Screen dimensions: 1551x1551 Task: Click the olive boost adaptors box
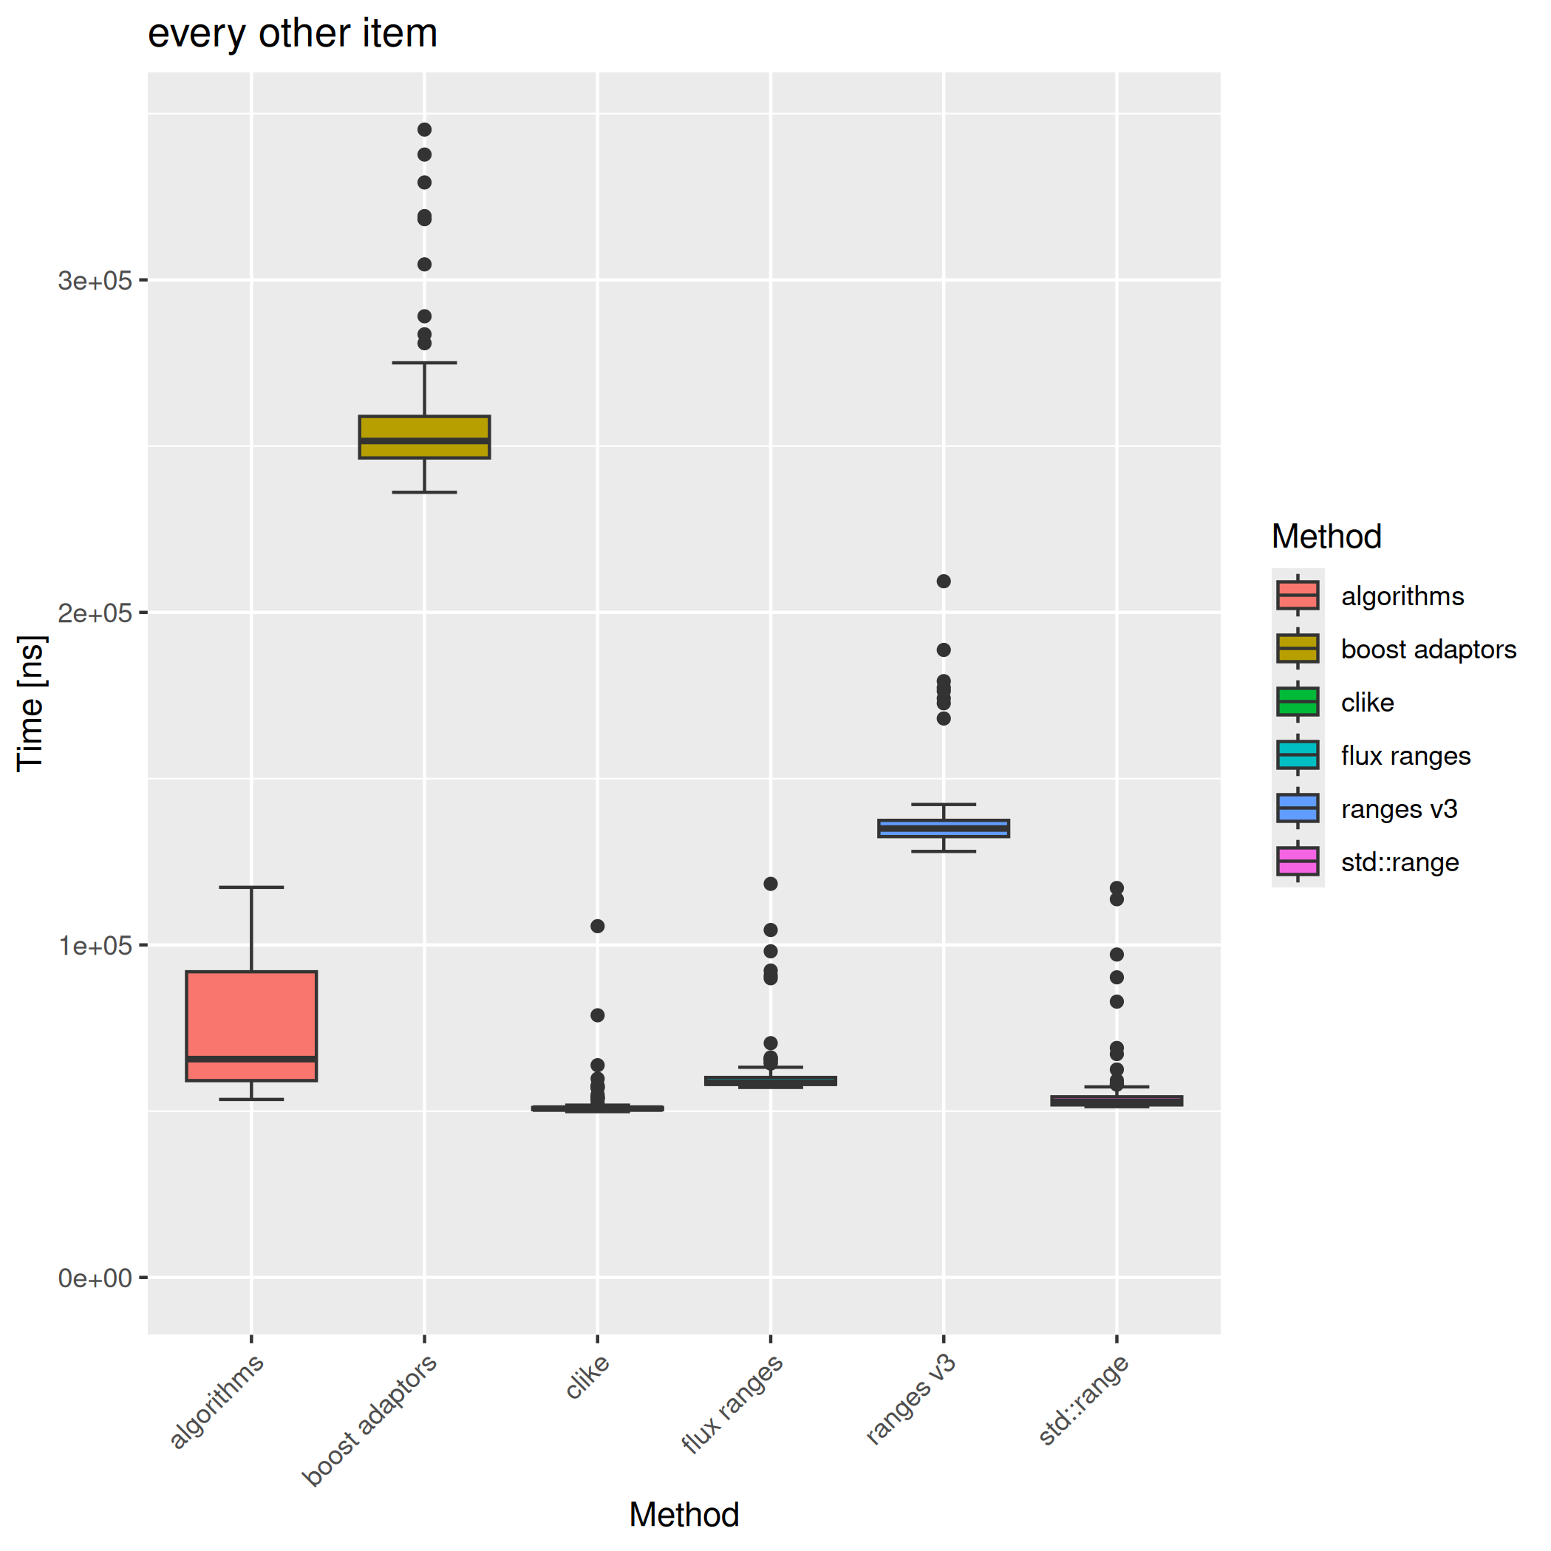click(424, 437)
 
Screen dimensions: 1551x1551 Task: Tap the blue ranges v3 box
click(944, 828)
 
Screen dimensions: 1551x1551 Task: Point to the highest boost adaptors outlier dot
click(425, 129)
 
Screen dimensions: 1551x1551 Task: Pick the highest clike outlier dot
click(597, 926)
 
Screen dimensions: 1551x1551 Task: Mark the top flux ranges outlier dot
click(771, 884)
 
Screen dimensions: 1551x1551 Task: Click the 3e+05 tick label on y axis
click(95, 280)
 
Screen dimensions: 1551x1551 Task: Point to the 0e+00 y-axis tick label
click(95, 1278)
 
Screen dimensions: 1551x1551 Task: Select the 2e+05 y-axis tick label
click(95, 613)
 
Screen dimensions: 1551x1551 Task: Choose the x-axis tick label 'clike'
click(588, 1376)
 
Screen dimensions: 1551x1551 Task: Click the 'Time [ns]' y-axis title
click(31, 704)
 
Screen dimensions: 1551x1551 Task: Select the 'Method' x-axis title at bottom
click(684, 1514)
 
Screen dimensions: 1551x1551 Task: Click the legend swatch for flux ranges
click(1298, 755)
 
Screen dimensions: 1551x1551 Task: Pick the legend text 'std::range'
click(1400, 862)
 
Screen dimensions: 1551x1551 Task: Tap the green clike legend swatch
click(1298, 702)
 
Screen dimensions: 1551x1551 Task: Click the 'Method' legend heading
click(1326, 536)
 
